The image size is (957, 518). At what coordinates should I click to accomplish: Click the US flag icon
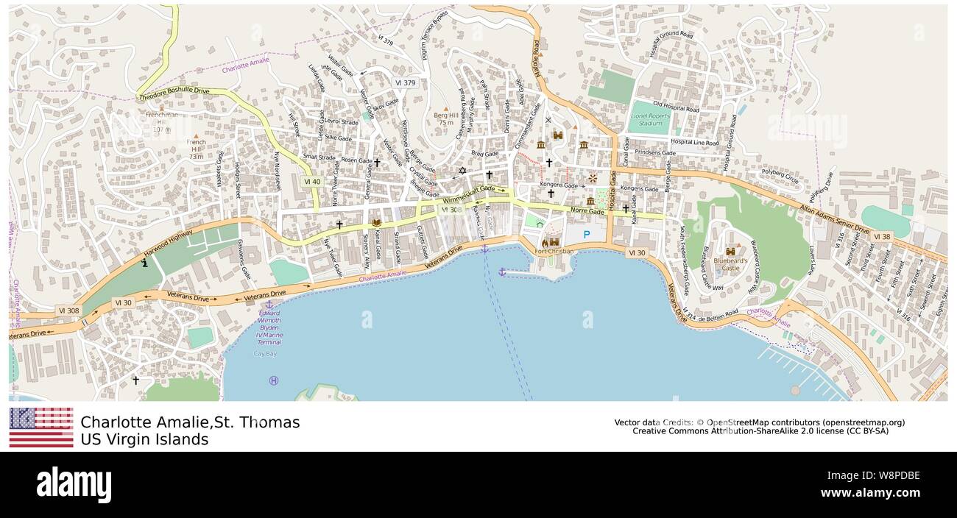click(41, 427)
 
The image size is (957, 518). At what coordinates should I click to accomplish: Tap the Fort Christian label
click(554, 252)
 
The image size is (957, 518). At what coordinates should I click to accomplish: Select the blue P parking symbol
click(587, 235)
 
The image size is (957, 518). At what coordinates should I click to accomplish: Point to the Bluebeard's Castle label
click(730, 263)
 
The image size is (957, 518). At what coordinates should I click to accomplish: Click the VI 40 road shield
click(311, 181)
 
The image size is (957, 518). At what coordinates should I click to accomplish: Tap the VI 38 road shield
click(883, 237)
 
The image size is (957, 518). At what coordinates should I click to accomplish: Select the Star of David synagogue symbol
click(462, 171)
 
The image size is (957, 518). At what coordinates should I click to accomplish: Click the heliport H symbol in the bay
click(274, 380)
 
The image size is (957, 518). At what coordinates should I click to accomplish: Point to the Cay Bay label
click(265, 354)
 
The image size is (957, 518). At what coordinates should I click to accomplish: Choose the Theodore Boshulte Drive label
click(174, 93)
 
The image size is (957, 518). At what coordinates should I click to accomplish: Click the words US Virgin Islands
click(144, 439)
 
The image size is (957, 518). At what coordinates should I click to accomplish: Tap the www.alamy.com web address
click(869, 492)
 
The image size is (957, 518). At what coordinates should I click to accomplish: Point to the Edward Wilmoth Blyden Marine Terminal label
click(269, 327)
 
